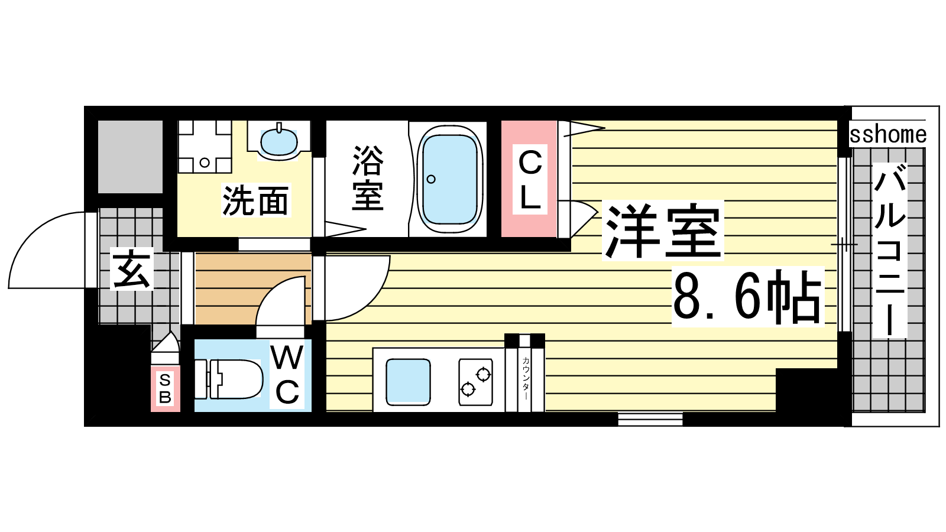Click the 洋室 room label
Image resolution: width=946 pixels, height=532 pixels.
point(663,231)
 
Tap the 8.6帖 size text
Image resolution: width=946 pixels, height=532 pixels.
point(748,296)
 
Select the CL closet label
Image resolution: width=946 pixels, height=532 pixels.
point(530,180)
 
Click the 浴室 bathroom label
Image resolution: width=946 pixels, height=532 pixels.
point(368,178)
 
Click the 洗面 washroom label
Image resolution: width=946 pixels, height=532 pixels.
point(255,200)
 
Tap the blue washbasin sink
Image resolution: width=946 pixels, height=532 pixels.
point(278,142)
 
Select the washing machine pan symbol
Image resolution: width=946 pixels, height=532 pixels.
point(205,147)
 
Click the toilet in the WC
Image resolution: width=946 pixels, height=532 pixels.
point(229,379)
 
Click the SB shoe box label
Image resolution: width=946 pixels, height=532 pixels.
point(165,388)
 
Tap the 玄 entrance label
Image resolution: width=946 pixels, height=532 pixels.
point(131,269)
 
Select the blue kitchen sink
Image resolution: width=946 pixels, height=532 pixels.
point(408,380)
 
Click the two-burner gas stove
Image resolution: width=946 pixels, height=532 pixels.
point(476,382)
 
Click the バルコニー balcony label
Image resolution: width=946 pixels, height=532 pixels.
point(889,250)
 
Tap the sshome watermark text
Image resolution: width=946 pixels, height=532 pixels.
point(887,135)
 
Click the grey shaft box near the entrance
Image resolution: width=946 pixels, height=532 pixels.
point(131,157)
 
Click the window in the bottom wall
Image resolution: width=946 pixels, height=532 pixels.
point(650,419)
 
